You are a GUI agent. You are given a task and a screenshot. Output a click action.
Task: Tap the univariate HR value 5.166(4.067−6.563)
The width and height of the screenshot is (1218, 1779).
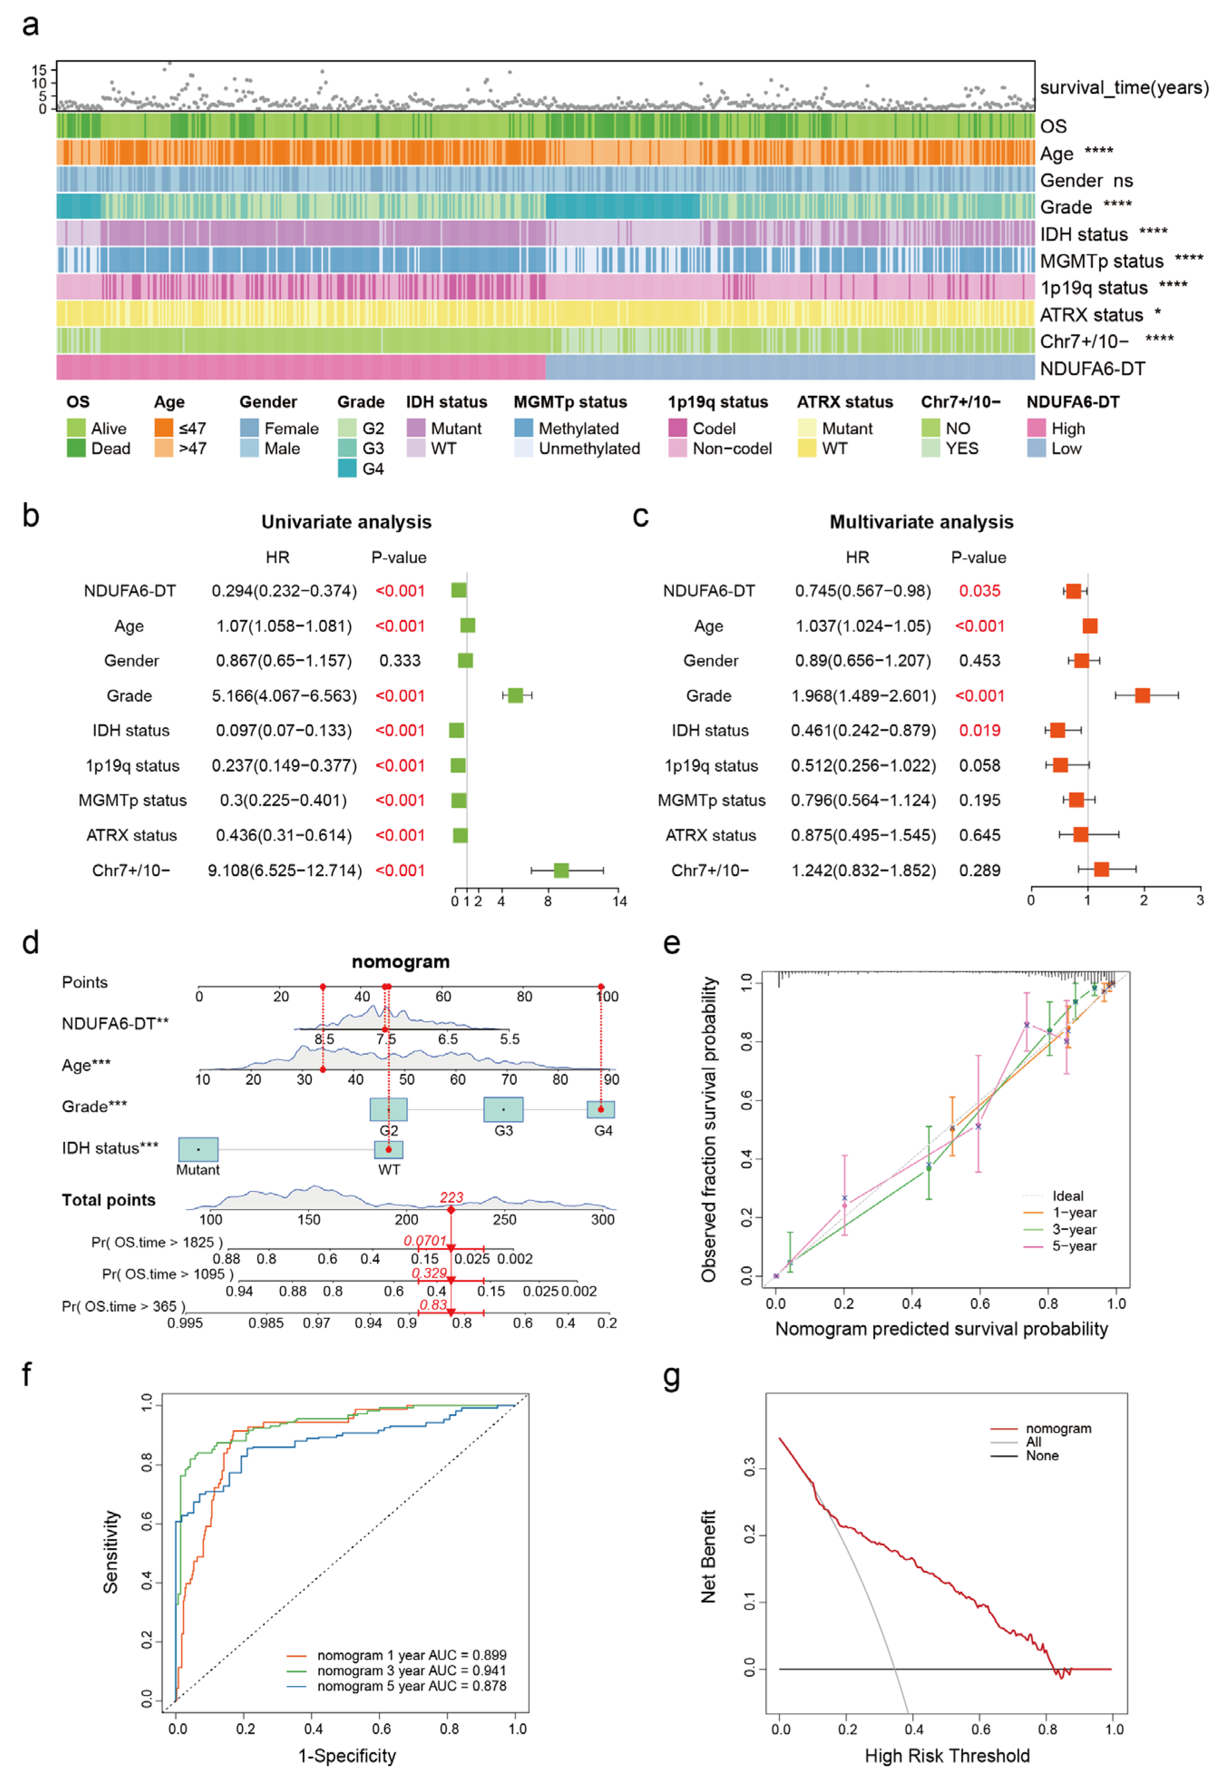click(x=284, y=695)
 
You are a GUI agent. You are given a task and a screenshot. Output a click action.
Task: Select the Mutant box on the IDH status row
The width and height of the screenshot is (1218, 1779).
click(x=198, y=1149)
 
